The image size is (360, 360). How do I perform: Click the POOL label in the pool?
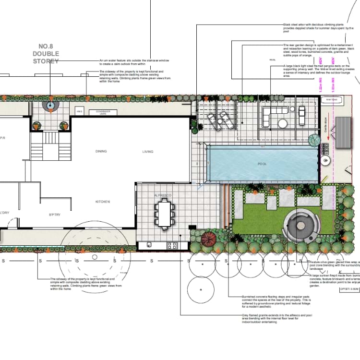click(x=262, y=164)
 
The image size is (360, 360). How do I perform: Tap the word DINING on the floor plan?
click(x=101, y=152)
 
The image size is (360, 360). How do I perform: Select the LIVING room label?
click(x=148, y=152)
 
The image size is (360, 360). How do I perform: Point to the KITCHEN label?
click(x=103, y=202)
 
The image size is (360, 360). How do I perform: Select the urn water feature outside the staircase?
click(x=50, y=106)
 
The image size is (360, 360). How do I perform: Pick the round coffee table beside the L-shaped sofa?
click(x=283, y=123)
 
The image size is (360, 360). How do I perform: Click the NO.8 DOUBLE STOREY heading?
click(x=46, y=54)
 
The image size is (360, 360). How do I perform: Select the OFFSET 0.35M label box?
click(x=348, y=289)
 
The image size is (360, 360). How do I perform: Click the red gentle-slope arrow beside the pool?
click(x=327, y=137)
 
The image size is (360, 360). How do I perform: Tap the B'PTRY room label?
click(x=57, y=215)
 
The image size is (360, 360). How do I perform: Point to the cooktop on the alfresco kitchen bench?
click(x=172, y=246)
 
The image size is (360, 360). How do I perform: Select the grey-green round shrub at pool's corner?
click(x=314, y=140)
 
